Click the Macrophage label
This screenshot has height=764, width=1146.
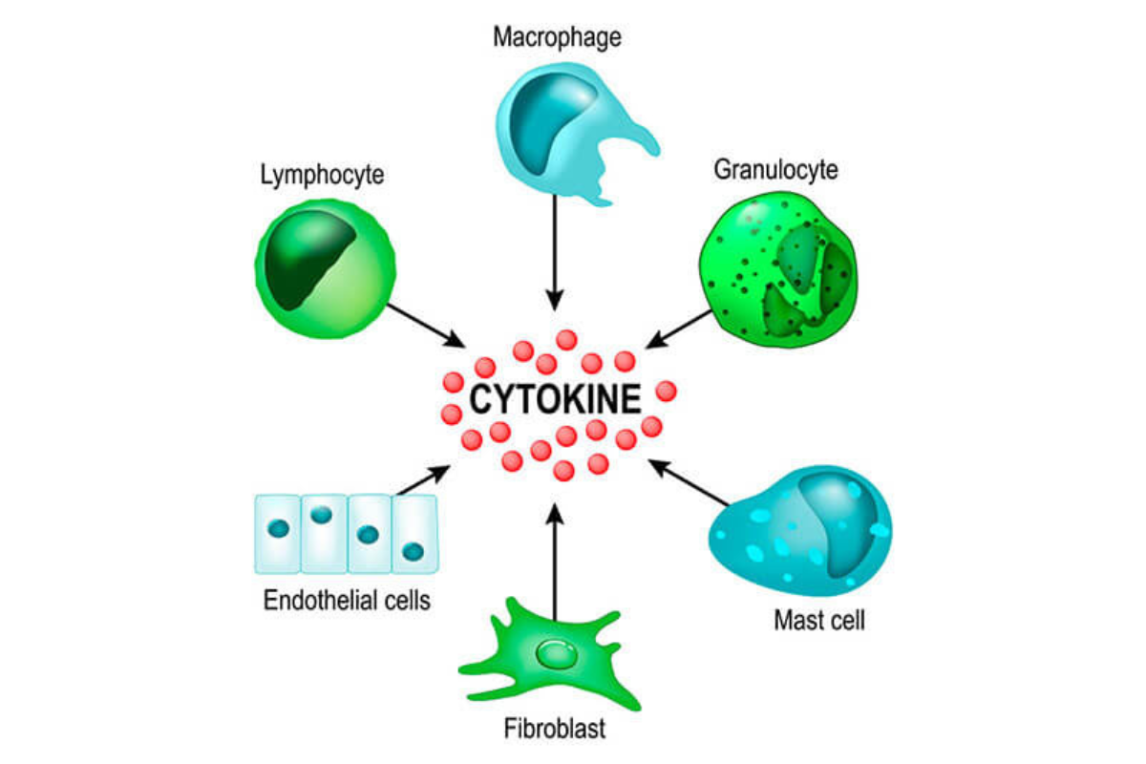click(x=557, y=38)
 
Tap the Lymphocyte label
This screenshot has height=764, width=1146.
click(x=323, y=176)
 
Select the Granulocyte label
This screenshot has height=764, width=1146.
click(x=775, y=170)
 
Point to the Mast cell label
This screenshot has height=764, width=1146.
click(x=819, y=620)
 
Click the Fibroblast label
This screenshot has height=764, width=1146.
click(x=555, y=728)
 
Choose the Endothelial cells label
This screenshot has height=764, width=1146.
click(x=347, y=600)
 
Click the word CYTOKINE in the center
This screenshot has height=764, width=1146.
click(x=555, y=399)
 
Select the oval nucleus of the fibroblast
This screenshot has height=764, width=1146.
click(x=557, y=654)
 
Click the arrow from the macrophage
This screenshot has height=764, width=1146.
click(x=555, y=252)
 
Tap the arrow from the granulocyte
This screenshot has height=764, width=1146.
click(x=679, y=329)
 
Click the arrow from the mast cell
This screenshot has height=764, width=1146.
click(x=689, y=482)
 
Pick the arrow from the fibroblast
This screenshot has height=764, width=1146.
click(x=555, y=562)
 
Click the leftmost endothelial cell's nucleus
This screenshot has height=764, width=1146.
click(x=278, y=528)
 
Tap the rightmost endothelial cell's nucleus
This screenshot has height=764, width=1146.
click(x=413, y=552)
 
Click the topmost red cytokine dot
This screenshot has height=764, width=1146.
click(x=566, y=340)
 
